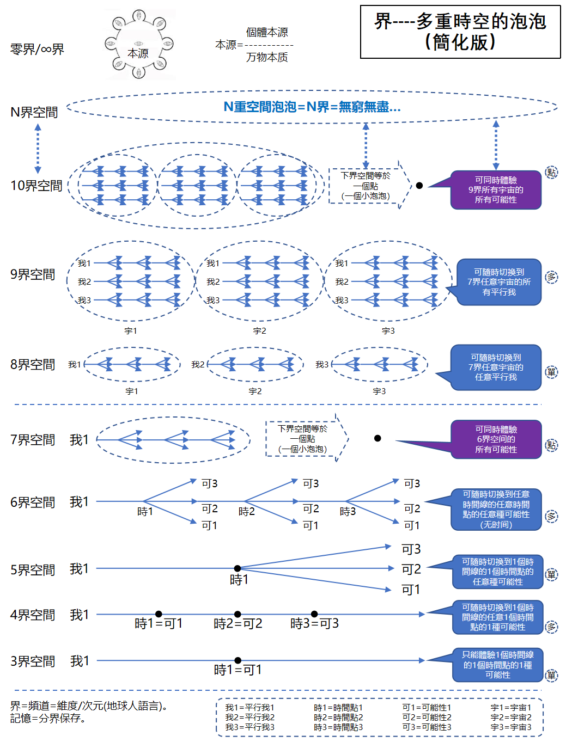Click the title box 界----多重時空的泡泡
coord(460,32)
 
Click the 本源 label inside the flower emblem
coord(138,53)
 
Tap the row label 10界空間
coord(36,186)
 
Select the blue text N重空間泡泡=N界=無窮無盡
coord(312,107)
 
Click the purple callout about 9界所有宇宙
coord(496,190)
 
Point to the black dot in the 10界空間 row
coord(419,186)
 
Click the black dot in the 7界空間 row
coord(378,438)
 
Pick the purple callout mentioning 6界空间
coord(496,439)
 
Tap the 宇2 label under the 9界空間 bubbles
coord(259,331)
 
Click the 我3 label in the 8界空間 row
coord(322,365)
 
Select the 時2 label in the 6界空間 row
coord(246,512)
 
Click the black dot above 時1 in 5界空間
coord(238,568)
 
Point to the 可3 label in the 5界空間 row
coord(411,549)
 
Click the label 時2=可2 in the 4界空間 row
coord(238,624)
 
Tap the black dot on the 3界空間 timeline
coord(238,660)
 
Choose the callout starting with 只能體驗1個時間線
coord(497,665)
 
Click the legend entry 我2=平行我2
coord(250,718)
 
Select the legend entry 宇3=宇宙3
coord(511,727)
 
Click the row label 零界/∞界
coord(37,50)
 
